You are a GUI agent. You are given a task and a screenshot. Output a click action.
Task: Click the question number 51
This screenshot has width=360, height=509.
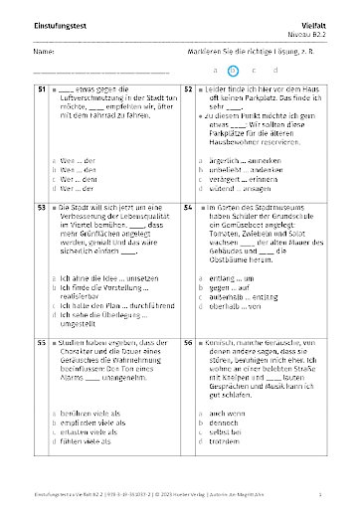coord(41,89)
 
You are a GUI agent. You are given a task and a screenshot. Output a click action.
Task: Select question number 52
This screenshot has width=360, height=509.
coord(188,89)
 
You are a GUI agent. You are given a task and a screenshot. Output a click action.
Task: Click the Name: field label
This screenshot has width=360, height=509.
coord(43,50)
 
